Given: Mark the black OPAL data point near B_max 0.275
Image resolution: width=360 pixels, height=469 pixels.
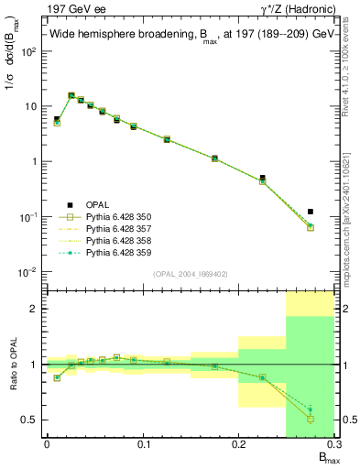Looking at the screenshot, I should coord(311,212).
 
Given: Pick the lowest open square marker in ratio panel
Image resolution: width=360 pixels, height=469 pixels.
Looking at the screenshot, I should coord(311,419).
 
